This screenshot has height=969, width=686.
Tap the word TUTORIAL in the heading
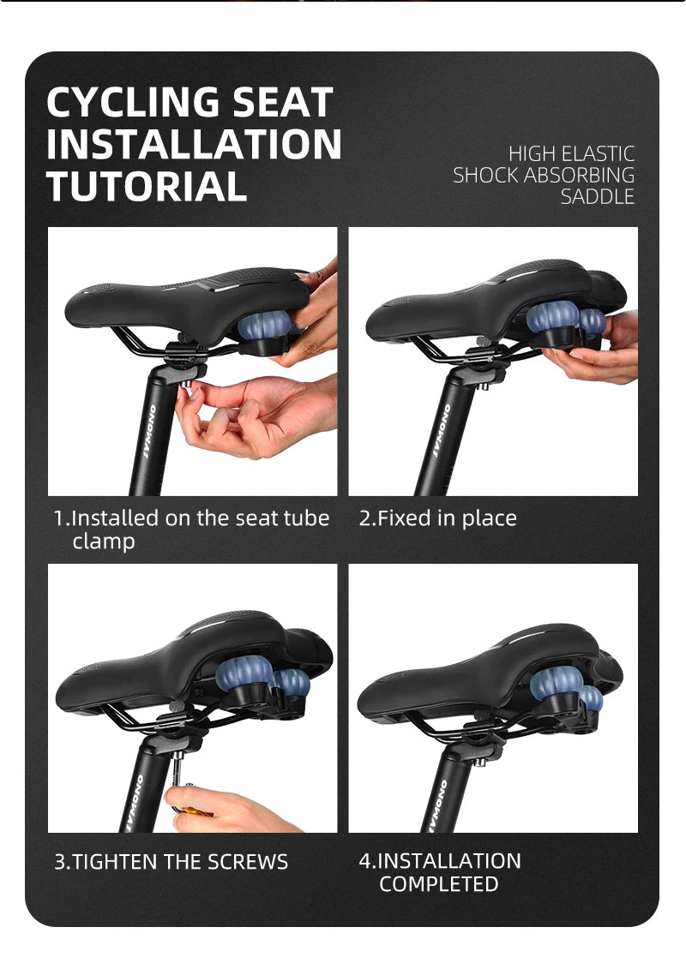[147, 187]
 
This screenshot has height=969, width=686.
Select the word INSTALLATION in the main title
[194, 144]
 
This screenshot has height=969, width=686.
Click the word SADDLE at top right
[597, 196]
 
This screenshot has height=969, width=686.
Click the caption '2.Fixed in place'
[438, 517]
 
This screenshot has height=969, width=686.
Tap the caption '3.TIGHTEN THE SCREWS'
[171, 861]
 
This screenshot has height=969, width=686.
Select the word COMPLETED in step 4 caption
[438, 883]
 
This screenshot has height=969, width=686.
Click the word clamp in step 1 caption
[103, 541]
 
